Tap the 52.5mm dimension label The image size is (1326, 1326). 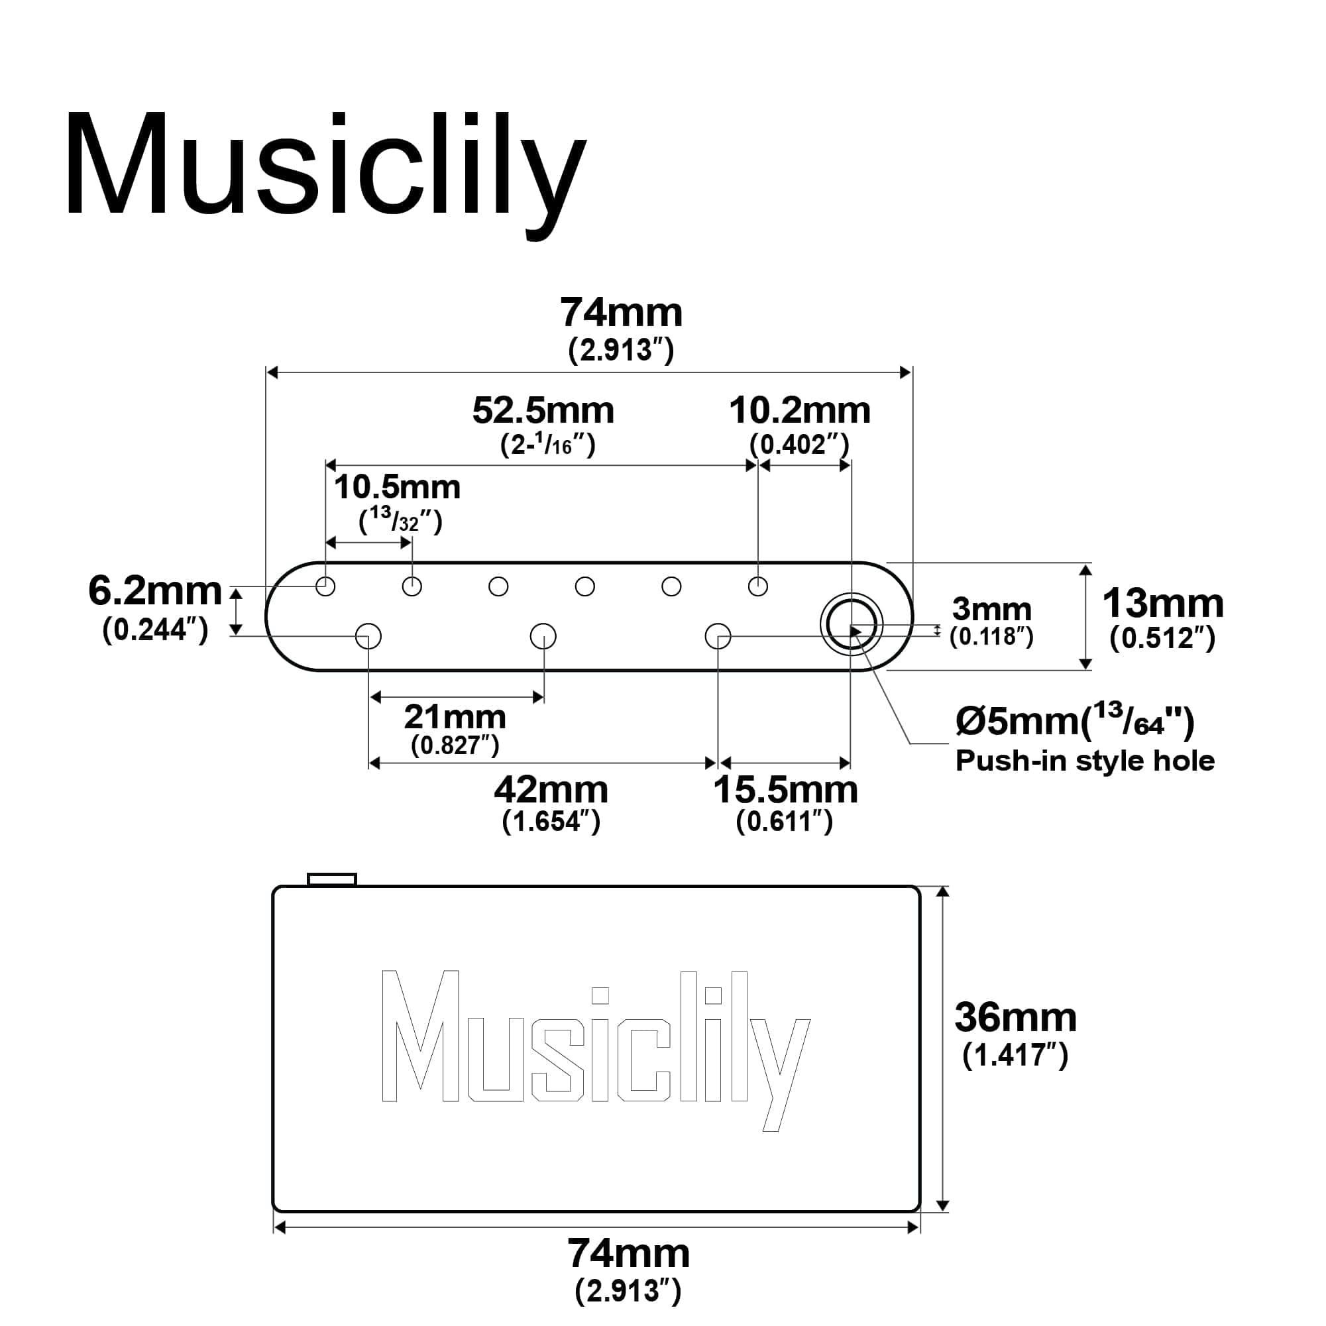point(543,410)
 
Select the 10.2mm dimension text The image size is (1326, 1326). point(800,410)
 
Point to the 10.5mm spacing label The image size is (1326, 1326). point(398,487)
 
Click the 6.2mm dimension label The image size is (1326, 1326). point(155,591)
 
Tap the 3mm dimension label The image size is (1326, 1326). point(992,609)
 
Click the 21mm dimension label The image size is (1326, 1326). point(455,717)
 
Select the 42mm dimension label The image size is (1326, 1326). point(551,790)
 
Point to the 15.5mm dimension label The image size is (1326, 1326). point(786,790)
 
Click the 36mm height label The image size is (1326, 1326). point(1016,1017)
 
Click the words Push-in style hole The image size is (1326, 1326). point(1085,761)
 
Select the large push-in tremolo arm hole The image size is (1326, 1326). point(852,624)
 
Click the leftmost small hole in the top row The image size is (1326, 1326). point(325,587)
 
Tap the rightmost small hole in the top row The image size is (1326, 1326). point(757,587)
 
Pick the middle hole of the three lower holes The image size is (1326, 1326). point(543,636)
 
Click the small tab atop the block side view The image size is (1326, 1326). point(332,879)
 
